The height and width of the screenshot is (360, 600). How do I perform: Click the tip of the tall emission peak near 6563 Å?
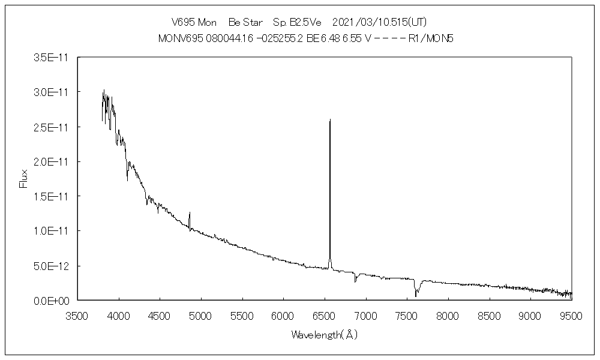tap(330, 120)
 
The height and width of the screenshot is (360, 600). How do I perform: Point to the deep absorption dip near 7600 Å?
tap(416, 295)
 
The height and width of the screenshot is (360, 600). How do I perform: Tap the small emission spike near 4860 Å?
tap(190, 213)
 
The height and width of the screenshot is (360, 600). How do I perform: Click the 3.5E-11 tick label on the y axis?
tap(53, 58)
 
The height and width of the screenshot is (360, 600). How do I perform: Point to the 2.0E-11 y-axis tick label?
tap(53, 162)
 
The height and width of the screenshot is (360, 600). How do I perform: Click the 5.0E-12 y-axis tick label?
tap(53, 266)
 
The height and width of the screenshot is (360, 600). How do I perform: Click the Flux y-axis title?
tap(24, 178)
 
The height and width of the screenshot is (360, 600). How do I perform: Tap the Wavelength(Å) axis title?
tap(324, 335)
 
